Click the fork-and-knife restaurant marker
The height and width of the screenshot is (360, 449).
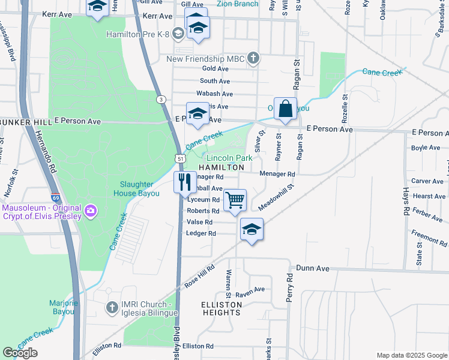click(185, 182)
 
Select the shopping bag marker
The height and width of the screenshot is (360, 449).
click(286, 110)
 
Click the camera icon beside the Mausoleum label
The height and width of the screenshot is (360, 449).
click(91, 210)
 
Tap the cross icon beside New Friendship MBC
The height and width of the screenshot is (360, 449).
click(254, 58)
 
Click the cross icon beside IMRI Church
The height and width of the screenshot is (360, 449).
click(111, 307)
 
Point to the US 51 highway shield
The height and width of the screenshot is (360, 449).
click(180, 157)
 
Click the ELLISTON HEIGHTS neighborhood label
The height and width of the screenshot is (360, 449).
click(221, 308)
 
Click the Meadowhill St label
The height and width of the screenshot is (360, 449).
click(276, 198)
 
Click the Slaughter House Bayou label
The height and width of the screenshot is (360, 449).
click(136, 189)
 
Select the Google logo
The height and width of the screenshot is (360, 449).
click(20, 352)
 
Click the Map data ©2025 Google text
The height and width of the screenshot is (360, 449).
click(411, 355)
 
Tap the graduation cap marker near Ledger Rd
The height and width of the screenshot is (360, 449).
click(252, 229)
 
